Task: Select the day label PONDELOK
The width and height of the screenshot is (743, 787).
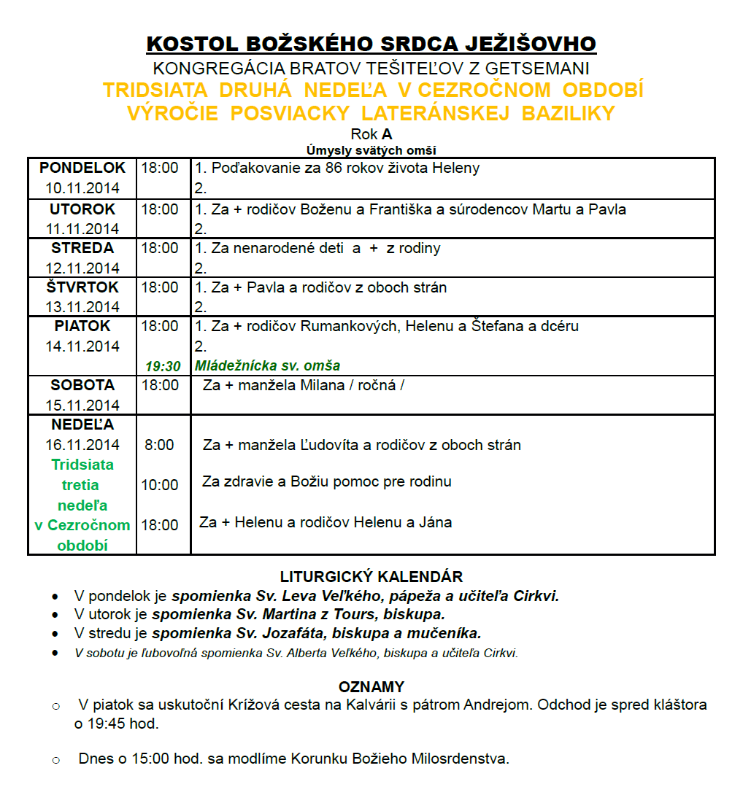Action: point(82,168)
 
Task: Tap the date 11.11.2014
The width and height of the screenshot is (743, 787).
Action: point(82,228)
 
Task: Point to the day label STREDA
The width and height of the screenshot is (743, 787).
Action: point(82,248)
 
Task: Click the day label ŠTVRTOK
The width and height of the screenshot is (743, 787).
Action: point(82,287)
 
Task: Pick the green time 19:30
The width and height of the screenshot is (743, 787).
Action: point(163,366)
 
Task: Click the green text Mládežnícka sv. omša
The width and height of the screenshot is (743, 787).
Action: point(267,365)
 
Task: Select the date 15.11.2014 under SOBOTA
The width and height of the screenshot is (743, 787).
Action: point(82,405)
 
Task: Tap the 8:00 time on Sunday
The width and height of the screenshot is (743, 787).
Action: point(159,445)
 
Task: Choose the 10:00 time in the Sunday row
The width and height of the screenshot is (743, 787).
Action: point(160,485)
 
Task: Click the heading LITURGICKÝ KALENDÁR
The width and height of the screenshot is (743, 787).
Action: point(371,577)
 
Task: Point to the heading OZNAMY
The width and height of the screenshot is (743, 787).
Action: point(371,687)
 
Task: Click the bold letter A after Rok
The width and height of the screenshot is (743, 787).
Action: point(387,134)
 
